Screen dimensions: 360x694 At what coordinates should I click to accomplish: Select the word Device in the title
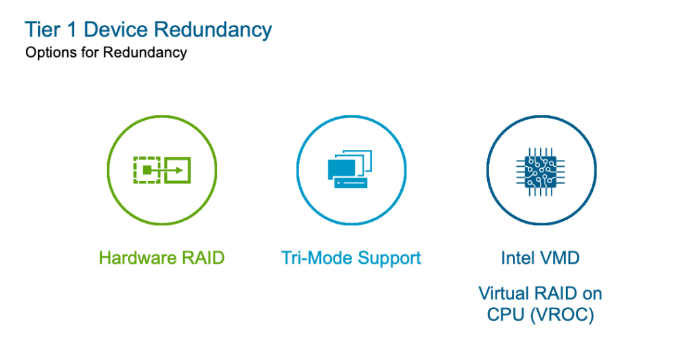tap(114, 31)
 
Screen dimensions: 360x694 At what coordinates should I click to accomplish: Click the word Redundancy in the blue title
tap(213, 31)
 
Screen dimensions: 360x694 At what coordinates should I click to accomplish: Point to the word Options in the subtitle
tap(47, 53)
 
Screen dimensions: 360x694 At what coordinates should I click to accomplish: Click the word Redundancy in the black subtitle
tap(144, 53)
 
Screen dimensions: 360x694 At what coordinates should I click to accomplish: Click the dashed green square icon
tap(145, 169)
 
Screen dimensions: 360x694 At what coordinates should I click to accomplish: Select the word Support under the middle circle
tap(389, 259)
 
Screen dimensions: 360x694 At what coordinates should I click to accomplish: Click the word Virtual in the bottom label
tap(504, 294)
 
